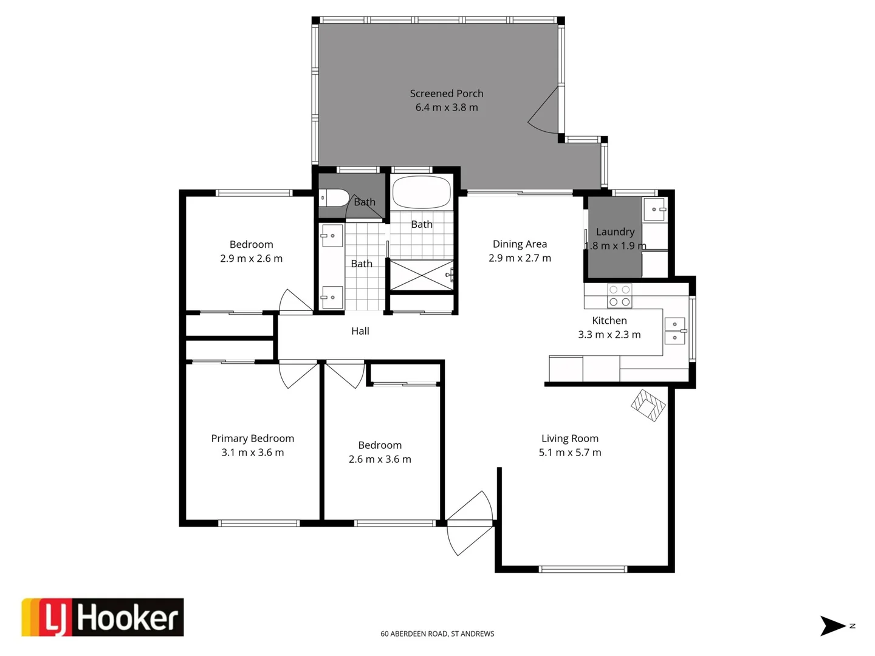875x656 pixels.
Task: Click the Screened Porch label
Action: pos(447,94)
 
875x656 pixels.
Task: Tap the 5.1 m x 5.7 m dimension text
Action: pos(570,453)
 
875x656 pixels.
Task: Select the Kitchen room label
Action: pos(609,321)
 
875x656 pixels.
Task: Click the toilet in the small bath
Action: pos(334,198)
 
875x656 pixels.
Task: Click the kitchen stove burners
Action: pos(620,296)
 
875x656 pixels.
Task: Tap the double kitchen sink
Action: pos(674,331)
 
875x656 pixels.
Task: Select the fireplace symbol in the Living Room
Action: pos(648,405)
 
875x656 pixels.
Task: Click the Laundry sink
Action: pos(655,209)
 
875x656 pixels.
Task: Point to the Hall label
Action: pos(360,331)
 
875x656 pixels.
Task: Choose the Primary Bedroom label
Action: pos(253,439)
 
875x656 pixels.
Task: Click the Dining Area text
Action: pos(520,244)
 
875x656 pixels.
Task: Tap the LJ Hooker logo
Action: pos(103,618)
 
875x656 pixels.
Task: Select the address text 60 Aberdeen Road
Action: pos(437,634)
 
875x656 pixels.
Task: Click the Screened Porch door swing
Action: pos(544,111)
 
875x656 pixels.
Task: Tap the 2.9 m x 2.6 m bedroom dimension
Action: pos(252,259)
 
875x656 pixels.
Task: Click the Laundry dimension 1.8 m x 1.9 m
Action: pos(615,246)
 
